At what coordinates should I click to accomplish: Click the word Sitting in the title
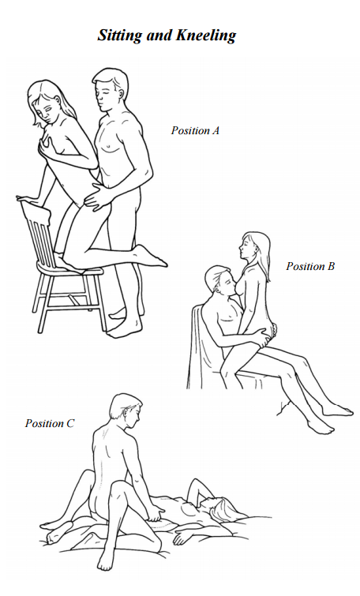pos(121,36)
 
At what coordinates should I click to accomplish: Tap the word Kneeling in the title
pos(206,36)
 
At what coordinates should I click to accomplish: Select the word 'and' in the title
pos(159,35)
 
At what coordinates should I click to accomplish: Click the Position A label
pos(195,130)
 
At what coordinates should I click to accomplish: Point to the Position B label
pos(310,266)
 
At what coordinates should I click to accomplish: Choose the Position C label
pos(50,423)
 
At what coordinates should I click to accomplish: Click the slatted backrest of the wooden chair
pos(36,232)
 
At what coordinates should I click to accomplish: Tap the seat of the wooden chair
pos(70,267)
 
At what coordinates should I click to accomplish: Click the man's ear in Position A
pos(122,92)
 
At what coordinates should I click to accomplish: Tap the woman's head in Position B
pos(254,249)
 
